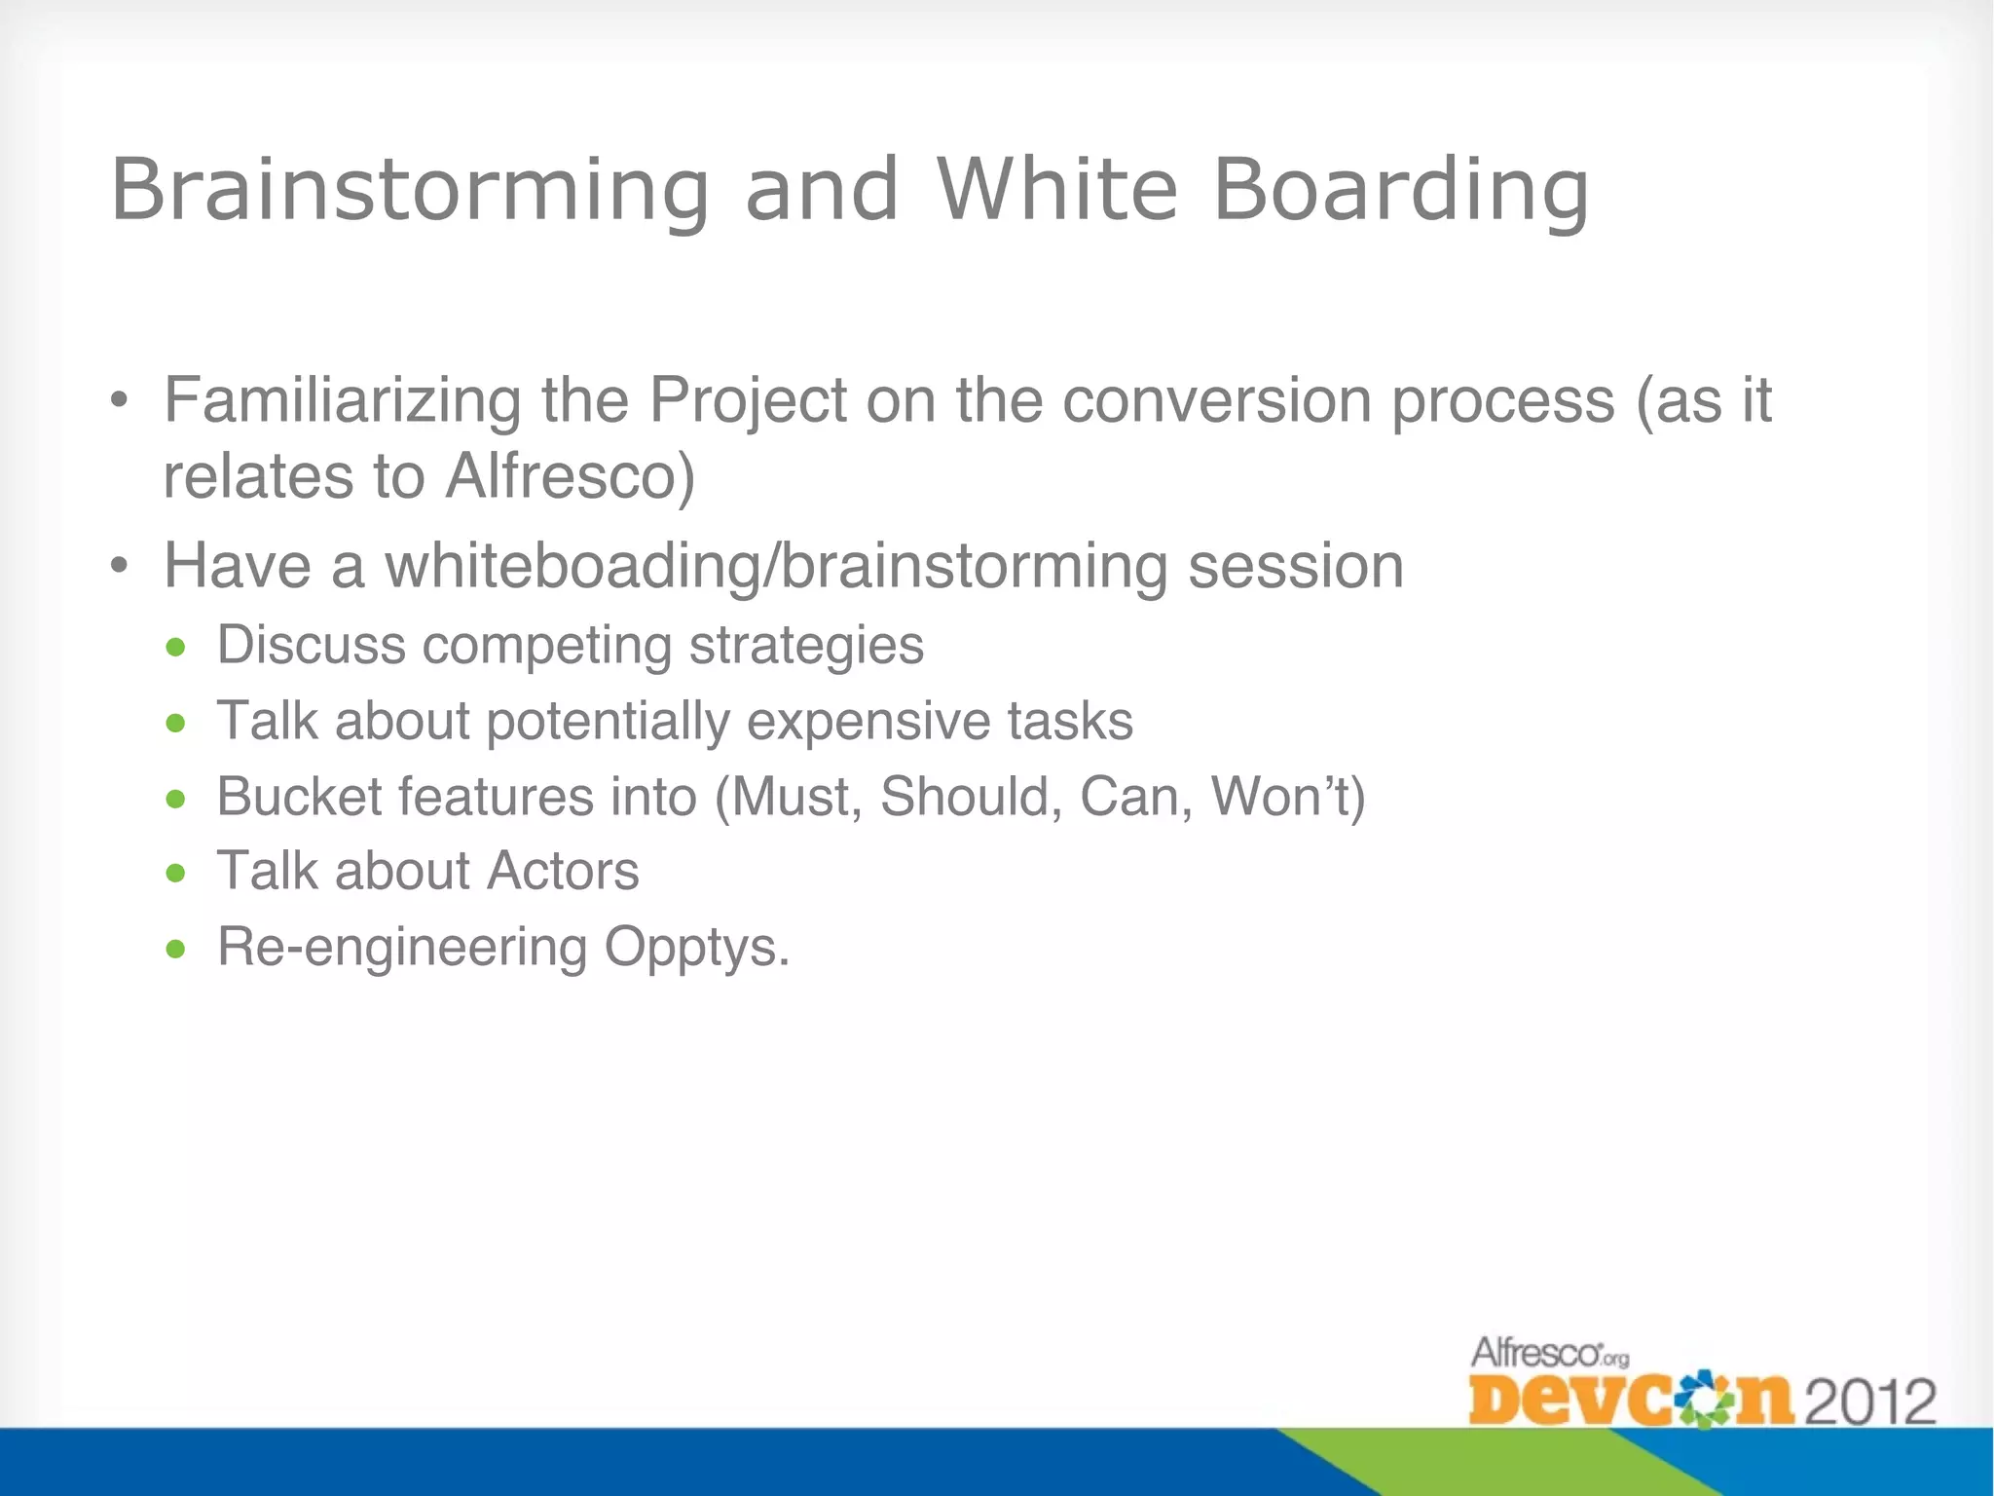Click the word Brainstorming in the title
point(410,190)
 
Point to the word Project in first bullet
point(748,400)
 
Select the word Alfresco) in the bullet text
point(571,476)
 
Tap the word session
point(1295,566)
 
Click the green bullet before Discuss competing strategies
point(175,647)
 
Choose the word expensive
point(868,721)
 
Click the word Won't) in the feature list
point(1288,796)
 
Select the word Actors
point(563,871)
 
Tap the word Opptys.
point(696,947)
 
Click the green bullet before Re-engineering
point(175,948)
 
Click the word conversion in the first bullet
point(1216,400)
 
